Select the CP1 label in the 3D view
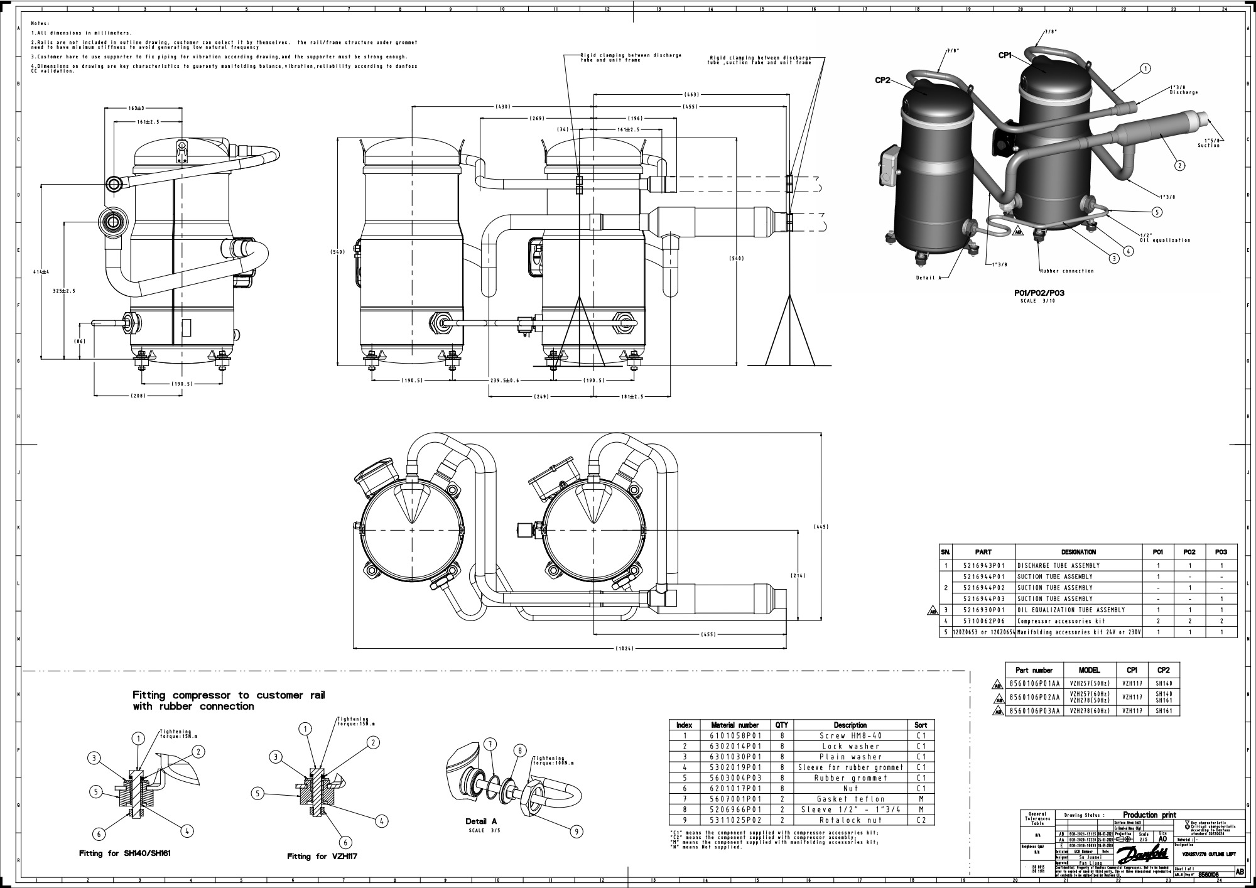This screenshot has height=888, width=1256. pyautogui.click(x=1005, y=55)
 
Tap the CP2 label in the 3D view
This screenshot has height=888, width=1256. pyautogui.click(x=883, y=80)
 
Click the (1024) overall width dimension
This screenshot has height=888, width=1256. pyautogui.click(x=624, y=647)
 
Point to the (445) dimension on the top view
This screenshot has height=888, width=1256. pyautogui.click(x=821, y=526)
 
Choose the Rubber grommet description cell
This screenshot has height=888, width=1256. pyautogui.click(x=850, y=778)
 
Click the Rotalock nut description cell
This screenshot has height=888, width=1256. pyautogui.click(x=850, y=820)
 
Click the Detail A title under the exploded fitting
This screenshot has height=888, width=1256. pyautogui.click(x=481, y=821)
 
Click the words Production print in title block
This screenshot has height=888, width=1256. pyautogui.click(x=1149, y=815)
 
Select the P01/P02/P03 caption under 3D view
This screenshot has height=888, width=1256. pyautogui.click(x=1039, y=293)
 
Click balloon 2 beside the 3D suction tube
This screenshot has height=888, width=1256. pyautogui.click(x=1179, y=166)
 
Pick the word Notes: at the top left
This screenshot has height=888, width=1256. pyautogui.click(x=40, y=24)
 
